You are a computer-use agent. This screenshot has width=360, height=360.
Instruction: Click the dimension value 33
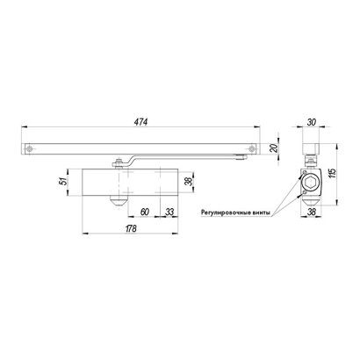[x=168, y=211]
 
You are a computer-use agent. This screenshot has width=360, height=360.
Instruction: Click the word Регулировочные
[x=227, y=212]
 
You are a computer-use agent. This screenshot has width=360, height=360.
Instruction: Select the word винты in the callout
[x=263, y=212]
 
